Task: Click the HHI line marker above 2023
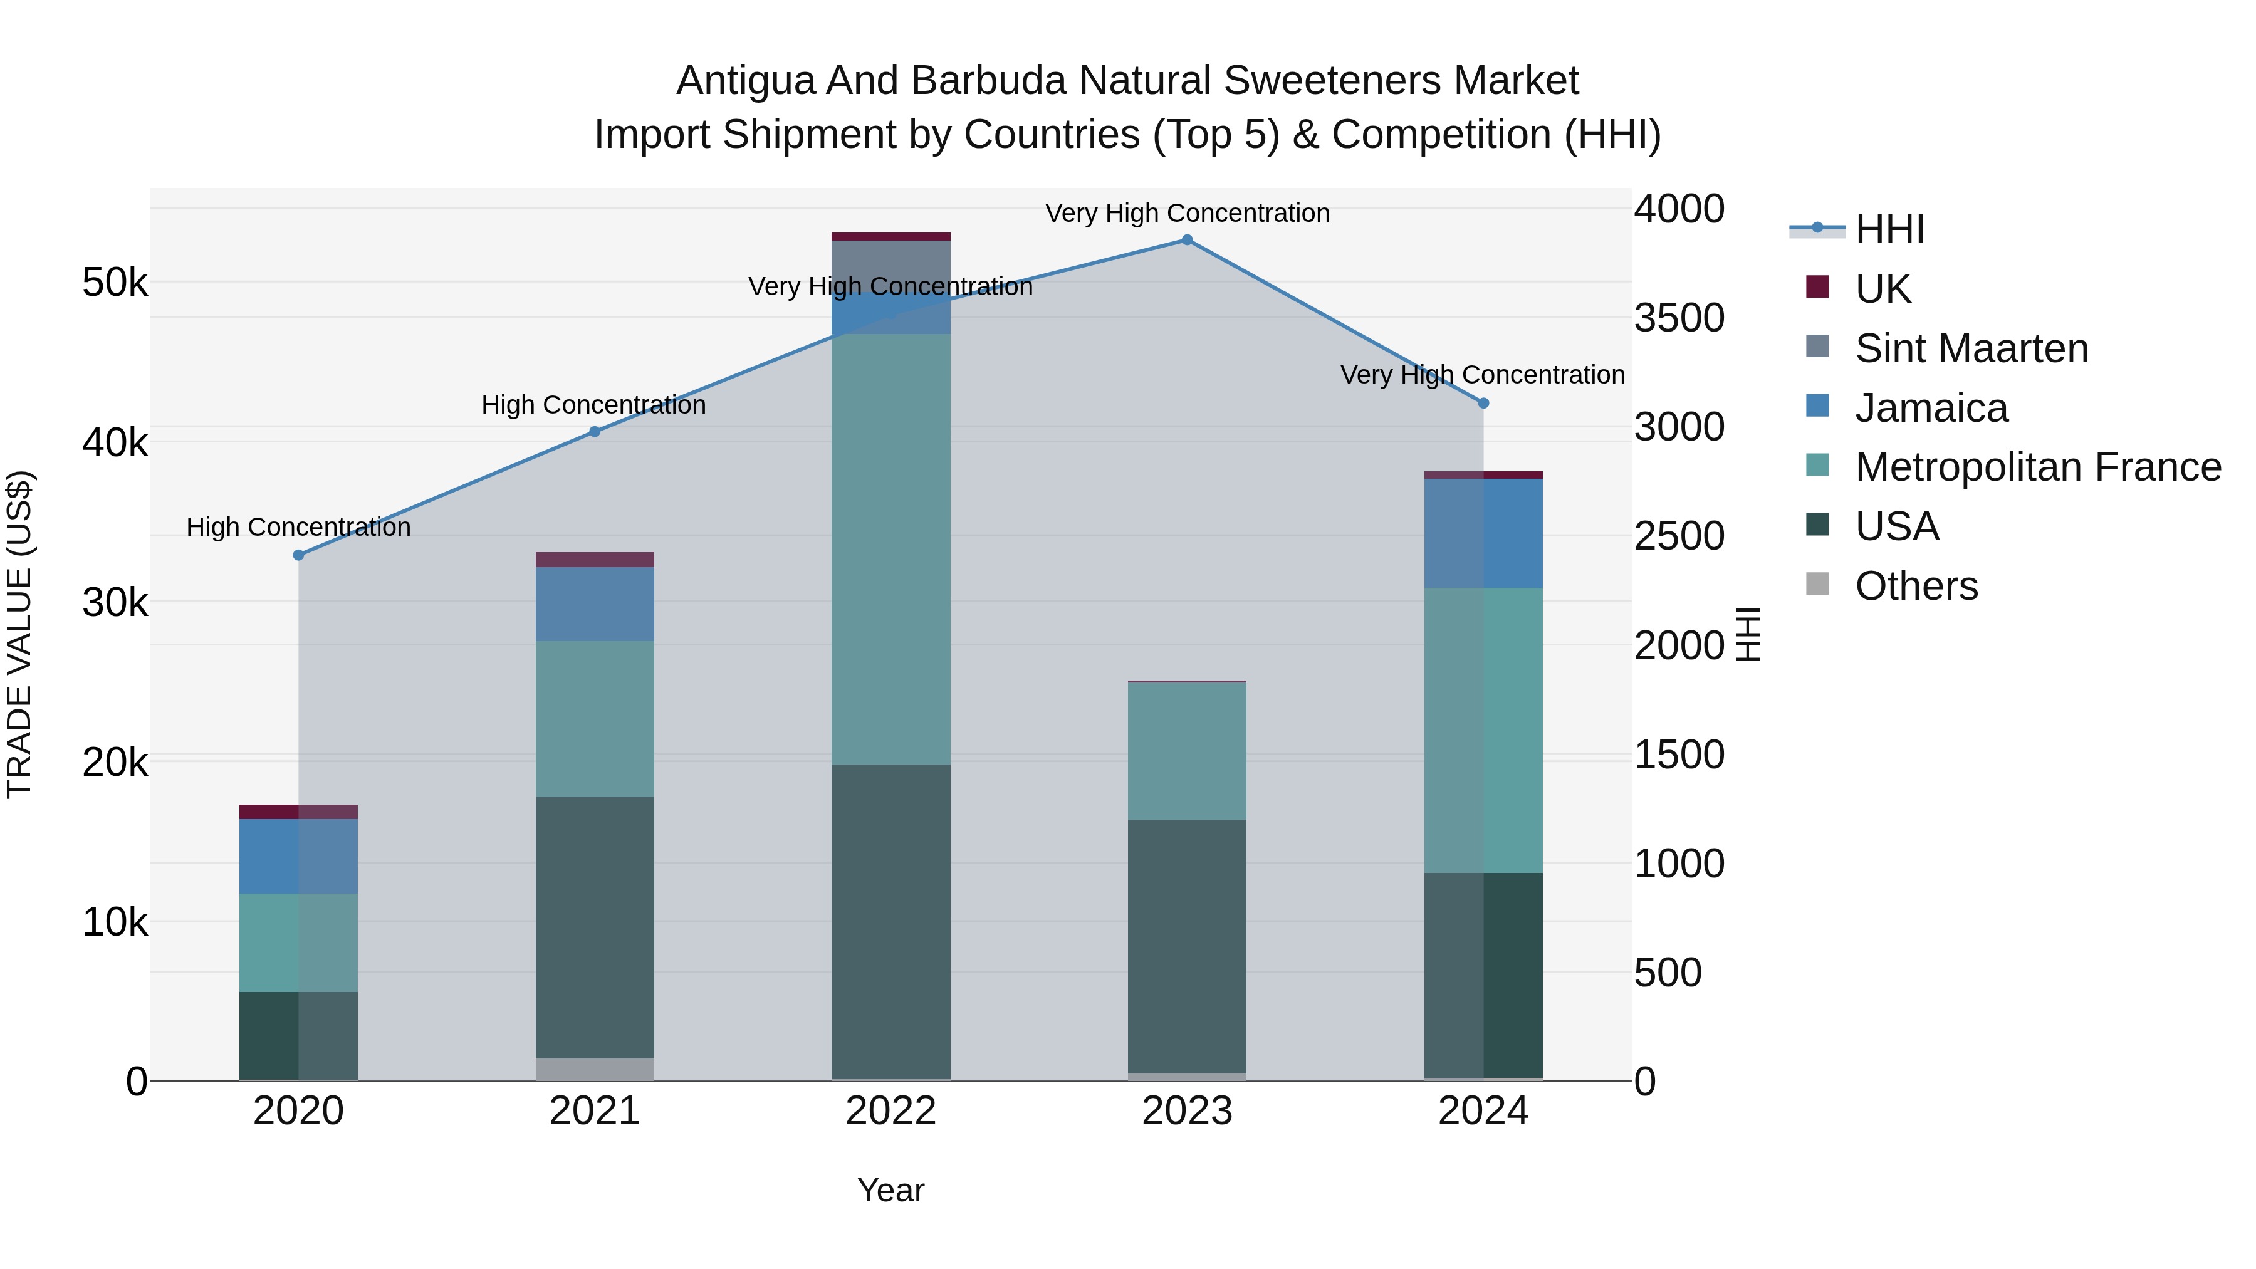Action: point(1187,240)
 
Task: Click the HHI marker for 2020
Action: point(299,555)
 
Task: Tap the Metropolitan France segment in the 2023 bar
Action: point(1187,751)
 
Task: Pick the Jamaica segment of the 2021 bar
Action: point(595,604)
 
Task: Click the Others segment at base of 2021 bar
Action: point(595,1069)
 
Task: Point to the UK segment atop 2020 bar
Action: point(299,812)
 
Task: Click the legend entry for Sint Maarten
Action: point(1970,348)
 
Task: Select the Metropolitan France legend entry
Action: point(2037,467)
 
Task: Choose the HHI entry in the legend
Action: point(1889,229)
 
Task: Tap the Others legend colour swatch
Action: point(1817,584)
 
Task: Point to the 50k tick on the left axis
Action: point(115,283)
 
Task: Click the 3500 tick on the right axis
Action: point(1679,318)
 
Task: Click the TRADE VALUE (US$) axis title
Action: point(20,634)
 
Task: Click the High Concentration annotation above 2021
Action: point(594,405)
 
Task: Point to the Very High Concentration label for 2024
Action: point(1482,375)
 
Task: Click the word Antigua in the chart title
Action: point(745,81)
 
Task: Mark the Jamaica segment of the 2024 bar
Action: point(1483,533)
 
